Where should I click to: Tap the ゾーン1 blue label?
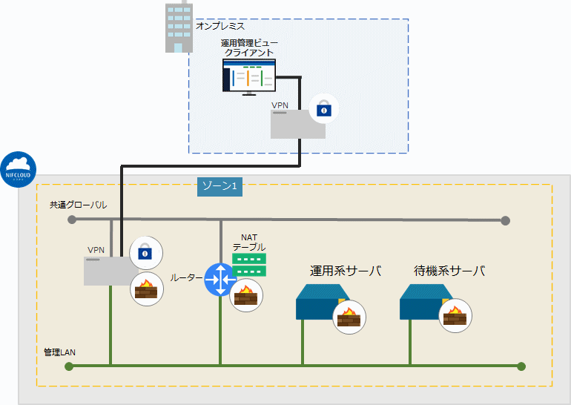[220, 185]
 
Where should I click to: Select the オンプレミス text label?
[220, 26]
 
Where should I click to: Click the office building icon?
[179, 27]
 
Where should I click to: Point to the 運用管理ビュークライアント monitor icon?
[249, 76]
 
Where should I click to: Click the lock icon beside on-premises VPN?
[323, 109]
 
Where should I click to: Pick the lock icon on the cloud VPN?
[145, 253]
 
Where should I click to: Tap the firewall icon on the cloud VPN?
[145, 289]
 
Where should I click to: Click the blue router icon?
[220, 279]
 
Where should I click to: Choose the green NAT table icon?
[248, 265]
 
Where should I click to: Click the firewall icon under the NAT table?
[245, 296]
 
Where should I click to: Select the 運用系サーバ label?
[346, 271]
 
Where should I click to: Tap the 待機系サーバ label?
[449, 271]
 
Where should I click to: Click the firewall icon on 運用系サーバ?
[349, 317]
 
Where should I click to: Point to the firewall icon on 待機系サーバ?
[453, 317]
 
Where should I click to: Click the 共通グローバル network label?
[78, 204]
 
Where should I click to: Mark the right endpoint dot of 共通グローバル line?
[506, 220]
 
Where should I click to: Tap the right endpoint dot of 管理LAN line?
[521, 366]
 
